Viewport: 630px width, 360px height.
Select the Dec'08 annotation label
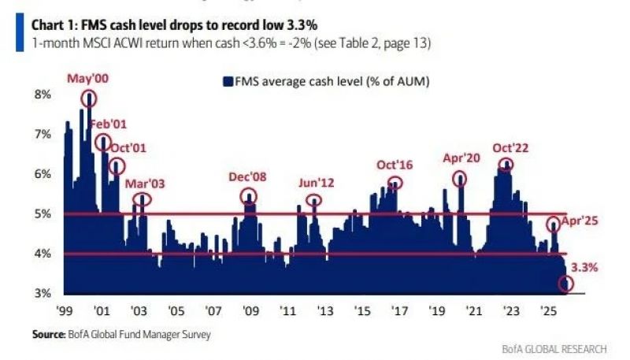point(248,176)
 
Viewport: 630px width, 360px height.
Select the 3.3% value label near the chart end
point(584,267)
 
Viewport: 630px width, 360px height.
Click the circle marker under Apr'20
point(461,179)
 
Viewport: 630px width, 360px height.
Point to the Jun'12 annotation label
point(316,183)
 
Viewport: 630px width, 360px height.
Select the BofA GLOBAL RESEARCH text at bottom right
point(554,348)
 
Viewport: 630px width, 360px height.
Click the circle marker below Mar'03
point(142,199)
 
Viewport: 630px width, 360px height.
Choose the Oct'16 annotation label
point(395,165)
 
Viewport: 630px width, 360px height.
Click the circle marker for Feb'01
point(103,143)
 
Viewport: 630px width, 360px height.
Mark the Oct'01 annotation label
point(129,147)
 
